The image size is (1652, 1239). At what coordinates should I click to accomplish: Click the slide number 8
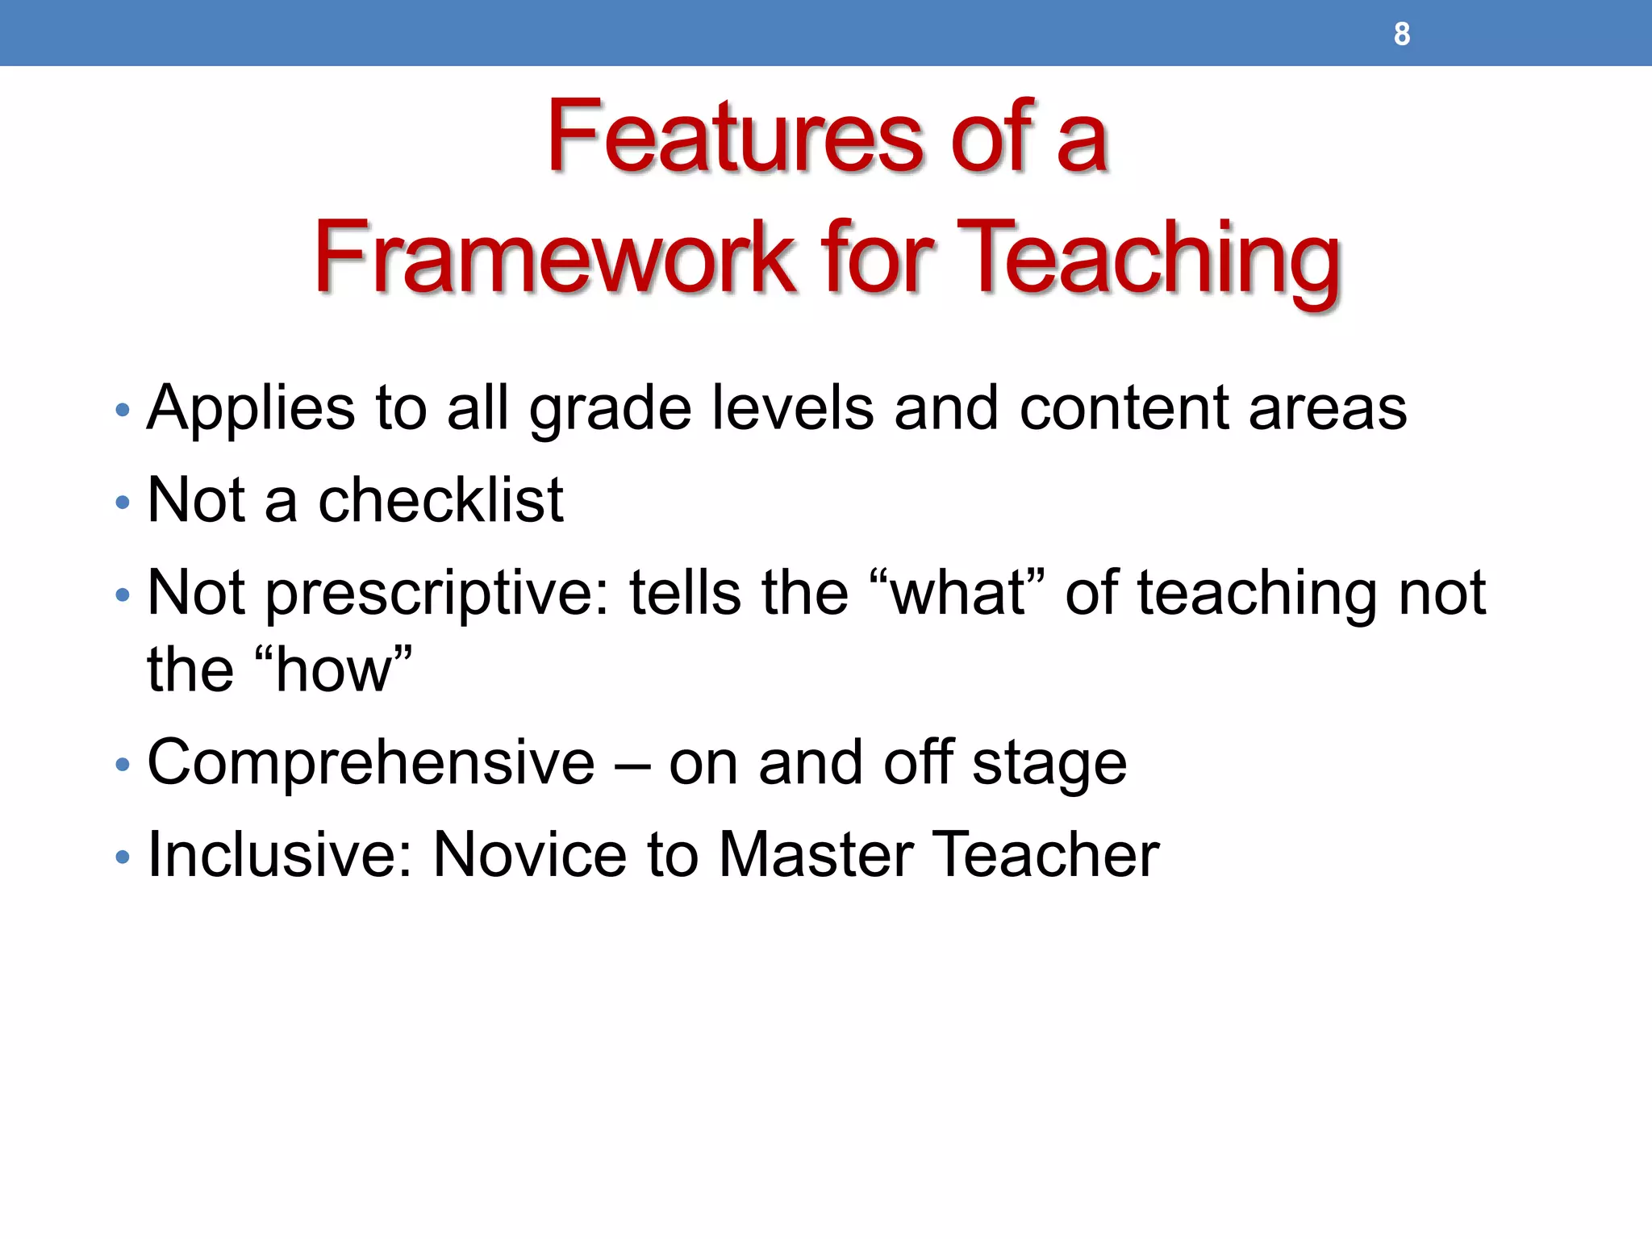[1402, 34]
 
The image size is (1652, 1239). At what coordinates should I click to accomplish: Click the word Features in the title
[733, 137]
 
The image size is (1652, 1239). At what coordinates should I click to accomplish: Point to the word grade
[610, 410]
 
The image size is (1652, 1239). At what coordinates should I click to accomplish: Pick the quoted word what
[957, 594]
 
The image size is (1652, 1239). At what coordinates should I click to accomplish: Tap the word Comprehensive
[371, 763]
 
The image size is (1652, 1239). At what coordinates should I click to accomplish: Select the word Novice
[529, 855]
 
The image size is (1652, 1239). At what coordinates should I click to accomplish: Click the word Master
[816, 855]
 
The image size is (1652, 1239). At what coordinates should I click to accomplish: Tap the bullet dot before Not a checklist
[123, 503]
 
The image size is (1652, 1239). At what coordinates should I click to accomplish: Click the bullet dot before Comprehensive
[123, 765]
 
